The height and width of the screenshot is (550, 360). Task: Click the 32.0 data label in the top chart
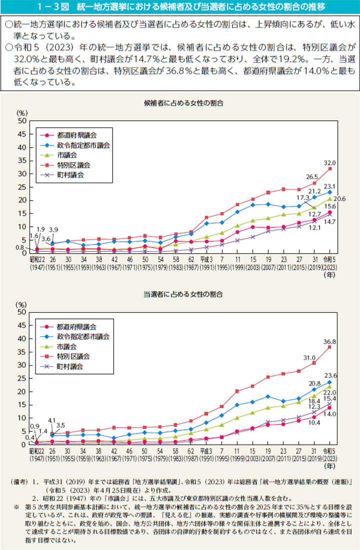pyautogui.click(x=330, y=163)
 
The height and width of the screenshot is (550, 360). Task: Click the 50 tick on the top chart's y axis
pyautogui.click(x=21, y=121)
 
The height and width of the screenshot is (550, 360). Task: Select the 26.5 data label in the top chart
pyautogui.click(x=313, y=177)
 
